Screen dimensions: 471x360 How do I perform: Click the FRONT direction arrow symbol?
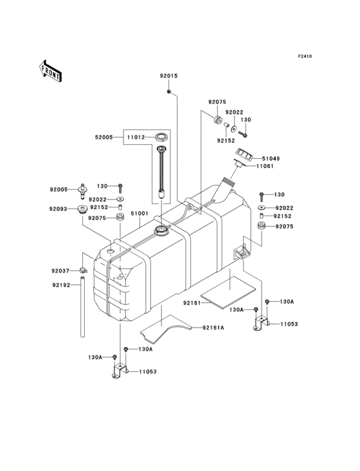click(51, 70)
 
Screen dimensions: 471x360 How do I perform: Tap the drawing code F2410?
click(304, 57)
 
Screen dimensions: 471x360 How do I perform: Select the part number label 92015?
click(169, 76)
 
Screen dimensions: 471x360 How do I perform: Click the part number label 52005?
click(104, 137)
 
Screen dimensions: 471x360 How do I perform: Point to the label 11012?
click(135, 137)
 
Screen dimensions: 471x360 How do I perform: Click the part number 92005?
click(59, 190)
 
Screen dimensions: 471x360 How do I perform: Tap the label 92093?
click(59, 209)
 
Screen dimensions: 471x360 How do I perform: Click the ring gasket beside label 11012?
click(161, 137)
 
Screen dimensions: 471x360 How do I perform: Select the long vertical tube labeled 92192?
click(83, 309)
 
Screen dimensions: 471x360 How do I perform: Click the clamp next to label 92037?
click(83, 271)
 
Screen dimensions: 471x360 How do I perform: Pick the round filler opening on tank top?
click(159, 230)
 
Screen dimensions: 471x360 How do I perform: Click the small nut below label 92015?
click(168, 93)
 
